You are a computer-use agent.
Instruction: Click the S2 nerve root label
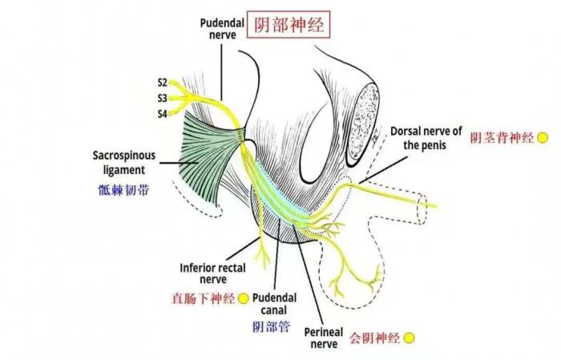163,82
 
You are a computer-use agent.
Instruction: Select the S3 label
163,98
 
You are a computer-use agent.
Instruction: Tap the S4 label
163,114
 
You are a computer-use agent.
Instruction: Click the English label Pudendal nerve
222,30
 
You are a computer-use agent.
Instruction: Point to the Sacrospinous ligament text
119,163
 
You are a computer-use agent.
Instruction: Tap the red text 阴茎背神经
501,138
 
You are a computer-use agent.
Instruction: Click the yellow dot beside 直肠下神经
244,299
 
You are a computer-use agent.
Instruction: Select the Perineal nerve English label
324,338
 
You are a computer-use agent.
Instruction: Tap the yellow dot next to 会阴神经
408,338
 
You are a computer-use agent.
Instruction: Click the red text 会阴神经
373,338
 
